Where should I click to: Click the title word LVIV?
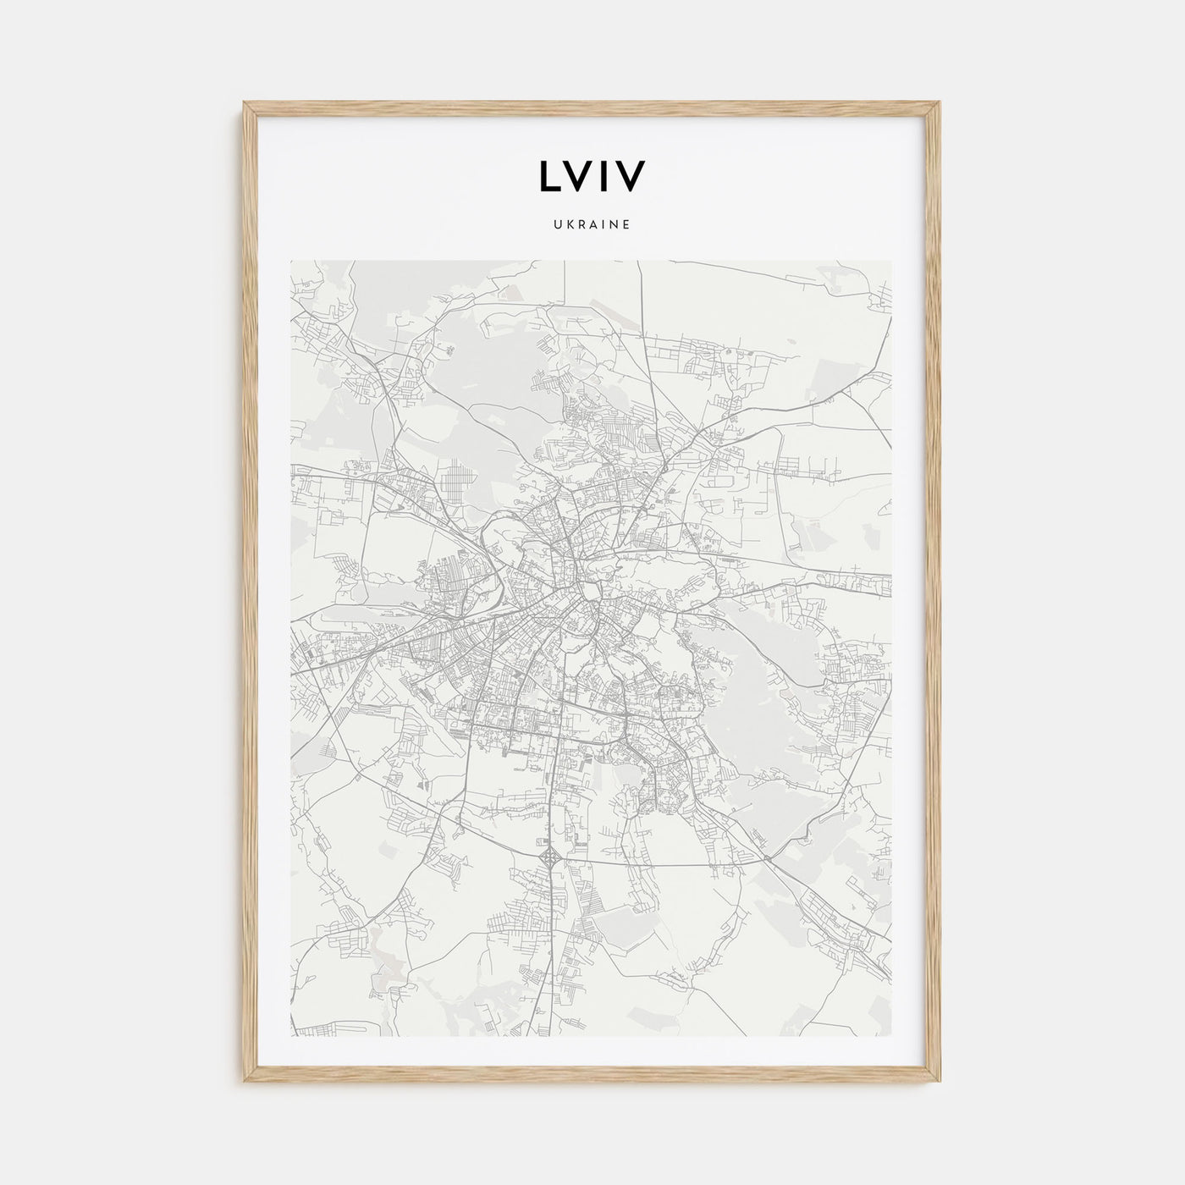592,175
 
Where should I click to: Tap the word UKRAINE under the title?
592,226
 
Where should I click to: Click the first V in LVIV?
579,175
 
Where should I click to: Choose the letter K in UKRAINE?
570,226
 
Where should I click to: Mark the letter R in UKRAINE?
581,226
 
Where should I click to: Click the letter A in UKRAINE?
592,226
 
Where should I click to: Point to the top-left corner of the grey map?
291,261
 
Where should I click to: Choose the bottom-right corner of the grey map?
891,1036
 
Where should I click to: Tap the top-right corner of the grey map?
891,261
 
